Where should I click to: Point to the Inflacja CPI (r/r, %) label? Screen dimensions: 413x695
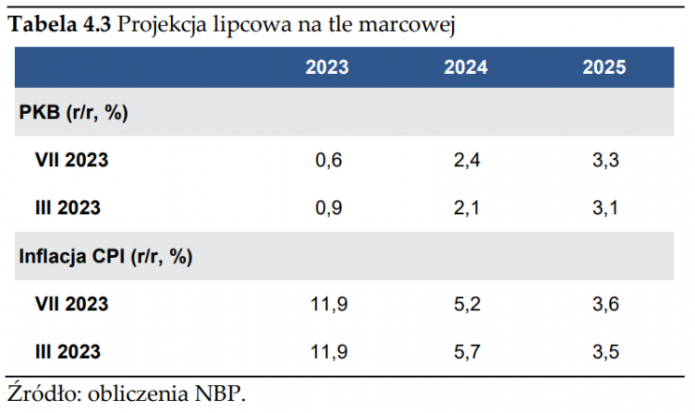106,257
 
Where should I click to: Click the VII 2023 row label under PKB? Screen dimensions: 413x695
72,160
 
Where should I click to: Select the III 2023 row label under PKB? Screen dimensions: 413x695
67,208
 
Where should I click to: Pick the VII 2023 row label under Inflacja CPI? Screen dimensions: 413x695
72,305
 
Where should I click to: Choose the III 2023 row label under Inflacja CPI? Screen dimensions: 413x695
67,352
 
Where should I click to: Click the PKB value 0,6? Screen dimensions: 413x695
330,160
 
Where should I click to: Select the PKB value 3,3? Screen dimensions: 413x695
606,160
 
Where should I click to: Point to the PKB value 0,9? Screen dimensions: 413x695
330,208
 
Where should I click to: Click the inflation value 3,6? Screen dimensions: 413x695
606,305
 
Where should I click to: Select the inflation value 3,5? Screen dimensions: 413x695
606,352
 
